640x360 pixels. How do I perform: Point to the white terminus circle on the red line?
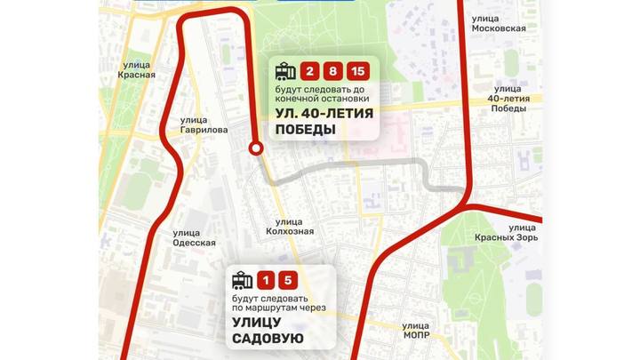[x=256, y=148]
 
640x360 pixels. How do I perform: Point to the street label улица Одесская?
[x=193, y=238]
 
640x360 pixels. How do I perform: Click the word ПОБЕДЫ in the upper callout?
[x=305, y=130]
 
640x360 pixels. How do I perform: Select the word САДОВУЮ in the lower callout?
[x=268, y=339]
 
